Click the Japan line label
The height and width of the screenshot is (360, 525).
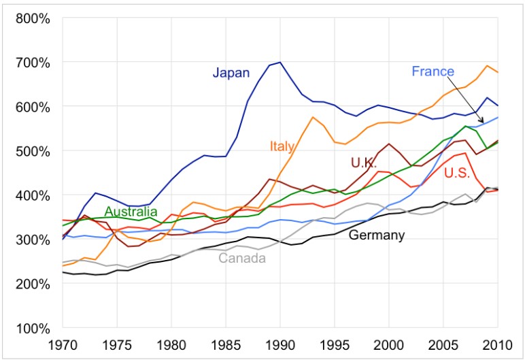click(x=231, y=73)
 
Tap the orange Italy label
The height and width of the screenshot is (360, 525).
click(x=282, y=146)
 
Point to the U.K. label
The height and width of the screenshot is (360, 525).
click(x=364, y=163)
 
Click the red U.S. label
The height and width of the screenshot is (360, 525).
click(x=457, y=174)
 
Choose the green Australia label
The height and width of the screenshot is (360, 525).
click(x=131, y=212)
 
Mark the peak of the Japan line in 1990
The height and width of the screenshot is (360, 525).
click(x=279, y=62)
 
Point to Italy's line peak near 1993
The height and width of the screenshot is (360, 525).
click(x=312, y=117)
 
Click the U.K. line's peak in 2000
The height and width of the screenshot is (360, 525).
click(x=389, y=144)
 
